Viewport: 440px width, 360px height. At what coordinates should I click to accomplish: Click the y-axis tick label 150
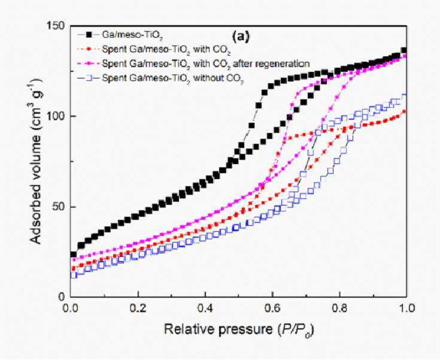click(x=56, y=26)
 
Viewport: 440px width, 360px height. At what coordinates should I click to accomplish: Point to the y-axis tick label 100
click(x=56, y=116)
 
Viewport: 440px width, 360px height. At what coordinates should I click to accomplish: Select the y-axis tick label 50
click(x=59, y=207)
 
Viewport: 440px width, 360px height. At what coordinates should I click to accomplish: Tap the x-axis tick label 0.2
click(x=138, y=308)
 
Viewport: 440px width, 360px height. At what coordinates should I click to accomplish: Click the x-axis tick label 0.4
click(x=205, y=308)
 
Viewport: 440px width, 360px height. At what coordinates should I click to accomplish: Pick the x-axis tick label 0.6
click(x=272, y=308)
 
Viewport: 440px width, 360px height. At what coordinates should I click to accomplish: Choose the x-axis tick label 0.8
click(x=340, y=308)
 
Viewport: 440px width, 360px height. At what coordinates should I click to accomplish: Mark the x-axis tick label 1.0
click(x=406, y=308)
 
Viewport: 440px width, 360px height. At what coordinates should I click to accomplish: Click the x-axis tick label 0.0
click(x=71, y=308)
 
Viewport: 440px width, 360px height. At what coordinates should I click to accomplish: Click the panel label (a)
click(x=241, y=37)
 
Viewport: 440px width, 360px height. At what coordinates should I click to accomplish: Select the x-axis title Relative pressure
click(x=218, y=329)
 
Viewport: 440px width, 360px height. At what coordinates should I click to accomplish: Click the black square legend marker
click(x=89, y=35)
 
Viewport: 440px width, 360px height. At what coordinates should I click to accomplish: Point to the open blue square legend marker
click(x=89, y=78)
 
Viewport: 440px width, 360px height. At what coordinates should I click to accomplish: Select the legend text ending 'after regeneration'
click(x=206, y=63)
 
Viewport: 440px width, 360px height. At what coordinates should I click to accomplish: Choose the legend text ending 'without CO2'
click(x=172, y=78)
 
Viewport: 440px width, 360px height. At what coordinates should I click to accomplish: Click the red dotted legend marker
click(x=89, y=50)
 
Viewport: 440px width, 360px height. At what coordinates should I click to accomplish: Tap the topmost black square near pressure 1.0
click(x=404, y=50)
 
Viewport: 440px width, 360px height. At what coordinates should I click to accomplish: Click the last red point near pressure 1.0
click(x=404, y=111)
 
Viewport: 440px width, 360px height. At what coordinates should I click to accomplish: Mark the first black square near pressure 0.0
click(x=74, y=255)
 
